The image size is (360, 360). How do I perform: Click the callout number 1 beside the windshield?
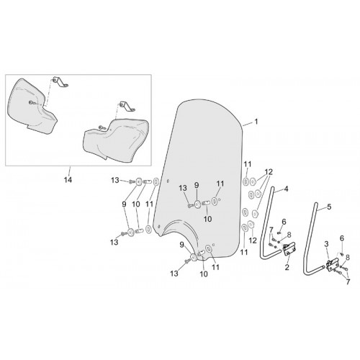pyautogui.click(x=256, y=122)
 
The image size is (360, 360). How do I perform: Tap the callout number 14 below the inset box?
pyautogui.click(x=68, y=179)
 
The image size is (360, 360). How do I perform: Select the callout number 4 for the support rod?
pyautogui.click(x=286, y=189)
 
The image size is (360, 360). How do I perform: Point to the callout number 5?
pyautogui.click(x=329, y=207)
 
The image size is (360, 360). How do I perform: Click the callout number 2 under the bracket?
pyautogui.click(x=287, y=267)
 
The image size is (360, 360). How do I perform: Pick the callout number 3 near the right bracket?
pyautogui.click(x=326, y=244)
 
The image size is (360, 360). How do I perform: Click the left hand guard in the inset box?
pyautogui.click(x=32, y=106)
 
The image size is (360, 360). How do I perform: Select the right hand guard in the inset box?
pyautogui.click(x=116, y=140)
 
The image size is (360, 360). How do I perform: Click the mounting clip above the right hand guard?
pyautogui.click(x=127, y=106)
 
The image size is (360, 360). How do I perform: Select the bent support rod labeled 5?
pyautogui.click(x=309, y=243)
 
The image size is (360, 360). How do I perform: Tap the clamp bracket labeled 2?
pyautogui.click(x=289, y=249)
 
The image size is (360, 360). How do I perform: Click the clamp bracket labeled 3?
pyautogui.click(x=333, y=264)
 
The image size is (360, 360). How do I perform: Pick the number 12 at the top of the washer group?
pyautogui.click(x=269, y=172)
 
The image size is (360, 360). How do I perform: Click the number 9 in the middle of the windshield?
pyautogui.click(x=197, y=185)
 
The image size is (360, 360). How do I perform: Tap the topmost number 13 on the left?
pyautogui.click(x=115, y=180)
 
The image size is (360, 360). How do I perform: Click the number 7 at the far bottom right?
pyautogui.click(x=348, y=282)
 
